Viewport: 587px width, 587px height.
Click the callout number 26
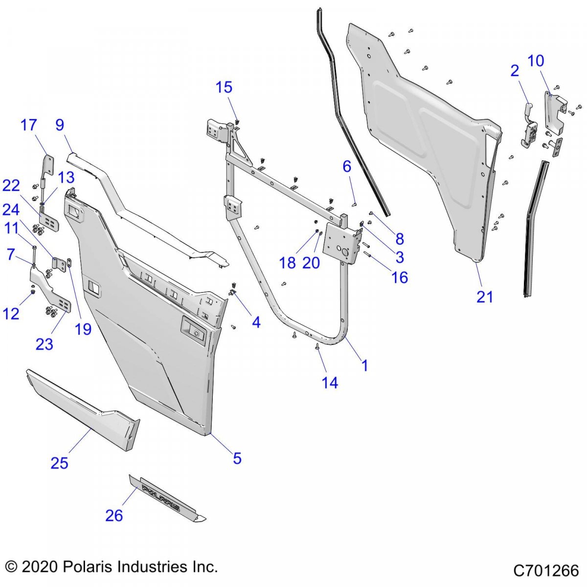click(x=114, y=515)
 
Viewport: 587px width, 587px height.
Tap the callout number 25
click(x=59, y=463)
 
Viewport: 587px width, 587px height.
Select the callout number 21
click(x=485, y=296)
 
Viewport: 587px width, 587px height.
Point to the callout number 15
click(x=224, y=87)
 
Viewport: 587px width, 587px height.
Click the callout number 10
click(x=536, y=61)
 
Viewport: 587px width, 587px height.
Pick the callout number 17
click(x=29, y=125)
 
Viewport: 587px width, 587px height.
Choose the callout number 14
click(x=330, y=383)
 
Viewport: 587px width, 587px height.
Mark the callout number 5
click(x=237, y=458)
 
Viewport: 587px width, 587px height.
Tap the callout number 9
click(x=60, y=125)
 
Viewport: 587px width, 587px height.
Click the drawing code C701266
click(x=546, y=570)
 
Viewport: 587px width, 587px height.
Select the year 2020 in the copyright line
click(x=41, y=567)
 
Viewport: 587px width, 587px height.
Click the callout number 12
click(x=11, y=314)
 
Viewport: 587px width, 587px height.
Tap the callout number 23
click(x=45, y=344)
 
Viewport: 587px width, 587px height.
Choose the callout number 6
click(x=347, y=166)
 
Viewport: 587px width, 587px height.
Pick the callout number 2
click(x=514, y=70)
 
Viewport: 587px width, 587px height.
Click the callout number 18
click(x=287, y=263)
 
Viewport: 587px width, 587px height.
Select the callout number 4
click(x=256, y=322)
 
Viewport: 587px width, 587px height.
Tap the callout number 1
click(x=364, y=365)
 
